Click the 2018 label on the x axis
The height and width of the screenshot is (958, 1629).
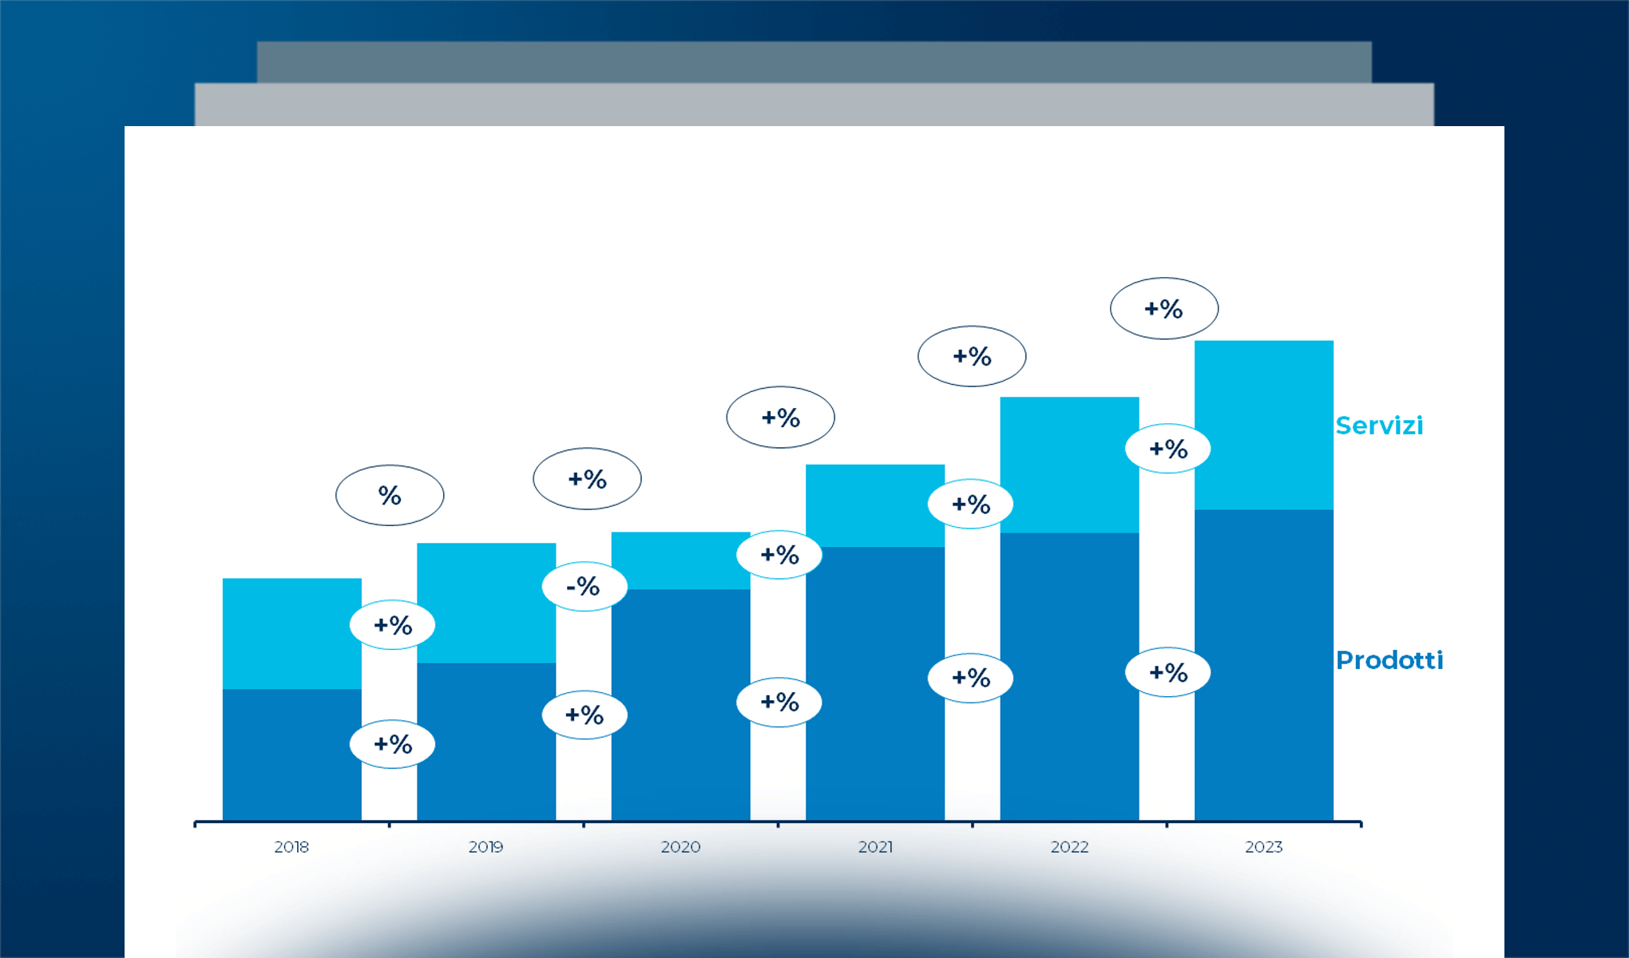click(x=291, y=847)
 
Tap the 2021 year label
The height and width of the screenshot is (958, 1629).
click(x=875, y=847)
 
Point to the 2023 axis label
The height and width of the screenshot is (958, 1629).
click(x=1263, y=847)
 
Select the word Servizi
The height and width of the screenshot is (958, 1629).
click(x=1379, y=426)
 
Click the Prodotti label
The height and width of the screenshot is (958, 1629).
click(x=1389, y=660)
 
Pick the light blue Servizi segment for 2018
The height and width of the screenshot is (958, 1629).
click(x=291, y=633)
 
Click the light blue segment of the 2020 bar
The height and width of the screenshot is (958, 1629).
click(x=680, y=560)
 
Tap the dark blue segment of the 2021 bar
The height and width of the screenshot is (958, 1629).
click(x=875, y=683)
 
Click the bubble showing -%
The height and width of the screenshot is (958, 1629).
click(x=585, y=587)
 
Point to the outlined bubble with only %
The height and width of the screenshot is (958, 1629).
click(x=390, y=495)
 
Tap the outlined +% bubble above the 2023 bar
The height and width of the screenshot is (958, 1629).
click(x=1164, y=308)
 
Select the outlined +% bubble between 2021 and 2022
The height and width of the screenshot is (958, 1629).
click(x=972, y=356)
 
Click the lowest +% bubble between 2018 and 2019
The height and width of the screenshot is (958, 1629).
click(x=392, y=744)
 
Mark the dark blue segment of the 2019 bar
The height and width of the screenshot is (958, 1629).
click(x=486, y=741)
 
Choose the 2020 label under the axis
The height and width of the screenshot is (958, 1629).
click(x=680, y=847)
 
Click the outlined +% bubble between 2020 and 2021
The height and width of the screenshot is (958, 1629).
click(x=780, y=417)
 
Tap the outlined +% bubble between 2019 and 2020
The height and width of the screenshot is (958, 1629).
click(x=587, y=479)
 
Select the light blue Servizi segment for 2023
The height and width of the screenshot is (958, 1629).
click(x=1263, y=425)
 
